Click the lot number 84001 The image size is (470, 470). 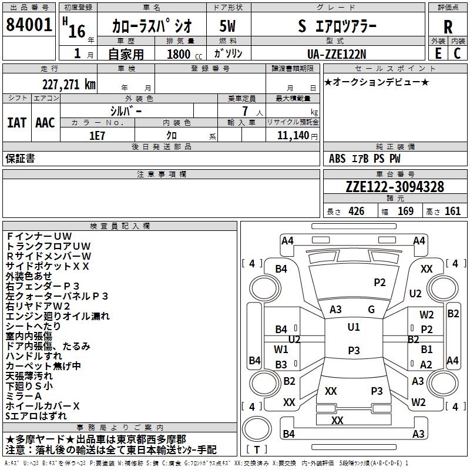pyautogui.click(x=29, y=25)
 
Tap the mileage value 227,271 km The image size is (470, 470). pyautogui.click(x=69, y=84)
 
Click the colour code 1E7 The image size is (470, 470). pyautogui.click(x=97, y=135)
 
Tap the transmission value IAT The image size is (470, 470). pyautogui.click(x=17, y=122)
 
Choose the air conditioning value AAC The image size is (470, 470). pyautogui.click(x=45, y=122)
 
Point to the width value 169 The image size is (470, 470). pyautogui.click(x=405, y=211)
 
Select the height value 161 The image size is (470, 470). pyautogui.click(x=452, y=211)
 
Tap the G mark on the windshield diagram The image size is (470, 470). pyautogui.click(x=371, y=309)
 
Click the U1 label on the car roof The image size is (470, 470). pyautogui.click(x=353, y=327)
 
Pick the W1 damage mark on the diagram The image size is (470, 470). pyautogui.click(x=281, y=350)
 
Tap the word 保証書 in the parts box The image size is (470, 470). pyautogui.click(x=20, y=158)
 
